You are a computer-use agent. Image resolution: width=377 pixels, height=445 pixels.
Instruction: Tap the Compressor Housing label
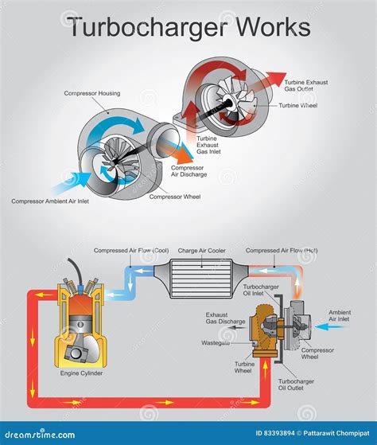coord(92,94)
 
